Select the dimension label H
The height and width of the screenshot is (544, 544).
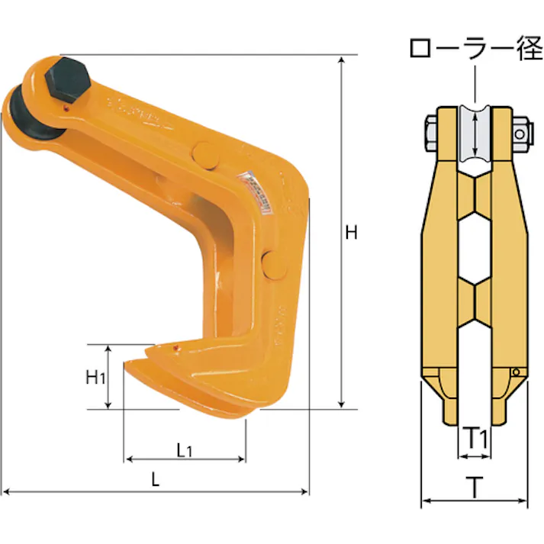click(351, 233)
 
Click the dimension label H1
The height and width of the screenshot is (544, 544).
click(95, 377)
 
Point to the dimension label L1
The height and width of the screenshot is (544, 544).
click(184, 451)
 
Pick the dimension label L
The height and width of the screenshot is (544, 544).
click(155, 479)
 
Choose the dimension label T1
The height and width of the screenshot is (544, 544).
click(476, 439)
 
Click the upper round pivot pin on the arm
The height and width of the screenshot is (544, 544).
click(206, 156)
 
